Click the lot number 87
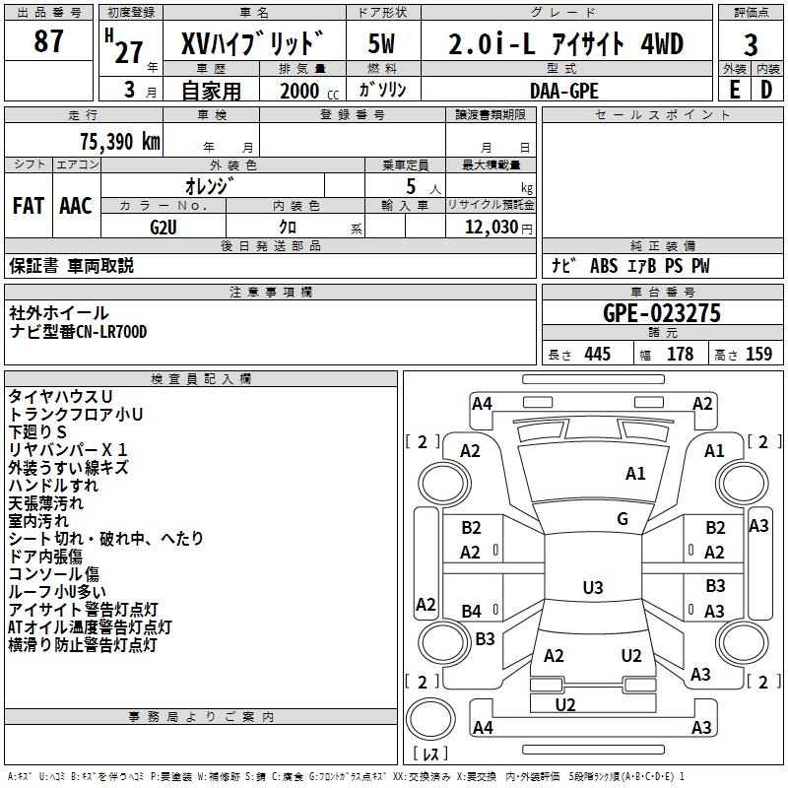point(48,42)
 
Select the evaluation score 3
point(751,45)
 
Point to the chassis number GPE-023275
point(662,313)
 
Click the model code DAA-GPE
point(564,91)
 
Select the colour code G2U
point(164,227)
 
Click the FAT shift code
point(28,205)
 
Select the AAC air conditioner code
point(76,205)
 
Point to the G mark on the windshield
point(622,519)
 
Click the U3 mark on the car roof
point(592,588)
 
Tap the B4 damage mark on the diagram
point(471,612)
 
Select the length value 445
point(596,355)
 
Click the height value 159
point(758,355)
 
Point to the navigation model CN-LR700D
point(108,332)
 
